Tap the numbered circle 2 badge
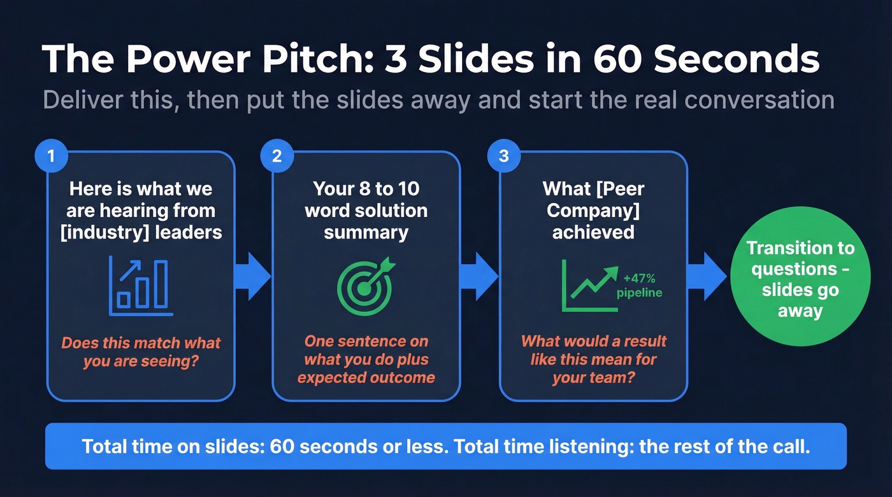(277, 156)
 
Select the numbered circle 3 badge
(503, 156)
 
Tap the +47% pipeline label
(639, 285)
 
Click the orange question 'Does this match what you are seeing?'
(141, 353)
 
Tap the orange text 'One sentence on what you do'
(366, 350)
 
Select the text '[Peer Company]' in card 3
(593, 200)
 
